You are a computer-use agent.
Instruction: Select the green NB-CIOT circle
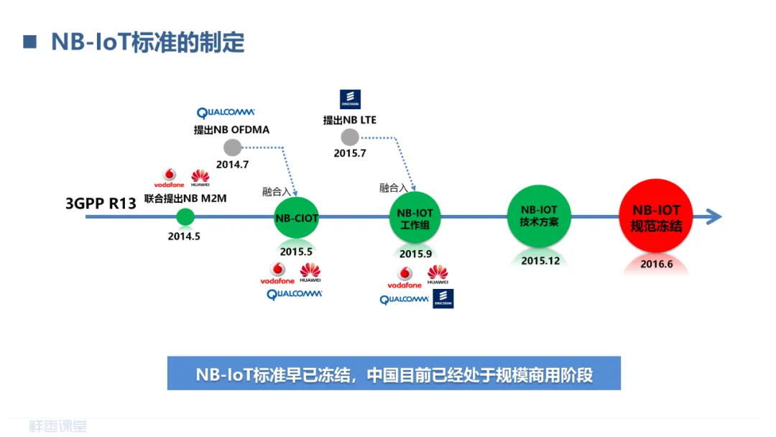coord(296,218)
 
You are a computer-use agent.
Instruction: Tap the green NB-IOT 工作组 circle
coord(415,219)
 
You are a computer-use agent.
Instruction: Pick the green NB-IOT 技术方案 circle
coord(539,216)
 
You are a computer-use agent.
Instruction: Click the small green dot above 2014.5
coord(185,216)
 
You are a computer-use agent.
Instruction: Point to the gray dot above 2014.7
coord(232,147)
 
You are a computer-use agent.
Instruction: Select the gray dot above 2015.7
coord(350,137)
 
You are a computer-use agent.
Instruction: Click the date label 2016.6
coord(656,264)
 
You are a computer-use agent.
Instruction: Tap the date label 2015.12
coord(540,260)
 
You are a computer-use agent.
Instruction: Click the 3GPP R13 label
coord(101,203)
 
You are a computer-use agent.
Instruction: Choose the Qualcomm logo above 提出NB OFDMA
coord(226,113)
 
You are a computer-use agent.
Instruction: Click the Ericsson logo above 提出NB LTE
coord(350,99)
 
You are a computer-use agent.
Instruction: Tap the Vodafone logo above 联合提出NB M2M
coord(170,178)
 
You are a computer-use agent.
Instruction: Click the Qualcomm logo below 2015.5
coord(295,294)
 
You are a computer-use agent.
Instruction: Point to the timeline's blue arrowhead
coord(713,216)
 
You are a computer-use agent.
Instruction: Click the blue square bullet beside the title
coord(29,41)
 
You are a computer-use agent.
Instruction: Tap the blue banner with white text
coord(394,374)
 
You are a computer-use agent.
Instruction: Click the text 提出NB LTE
coord(349,120)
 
